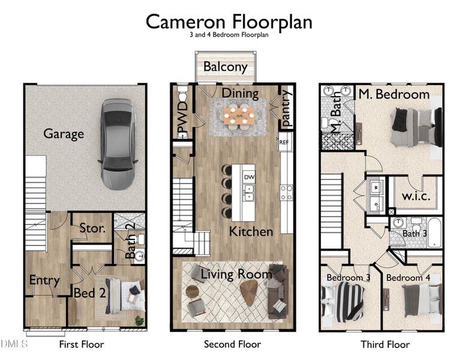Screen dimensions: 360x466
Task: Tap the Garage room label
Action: click(x=63, y=133)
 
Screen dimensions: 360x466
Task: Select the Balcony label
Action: click(x=225, y=67)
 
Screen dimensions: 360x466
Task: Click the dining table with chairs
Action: click(x=239, y=115)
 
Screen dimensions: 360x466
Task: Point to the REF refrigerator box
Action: click(x=284, y=143)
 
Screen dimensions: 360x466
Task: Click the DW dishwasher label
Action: click(x=248, y=177)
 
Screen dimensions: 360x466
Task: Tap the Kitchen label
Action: click(x=251, y=231)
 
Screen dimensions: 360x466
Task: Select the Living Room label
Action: click(x=236, y=274)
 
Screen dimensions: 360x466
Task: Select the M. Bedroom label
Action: click(x=394, y=94)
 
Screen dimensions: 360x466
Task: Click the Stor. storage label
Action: click(x=93, y=228)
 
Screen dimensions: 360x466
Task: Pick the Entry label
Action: click(x=44, y=280)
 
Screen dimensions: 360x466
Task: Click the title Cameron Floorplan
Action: click(x=229, y=21)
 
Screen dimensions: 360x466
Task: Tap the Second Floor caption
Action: click(x=232, y=344)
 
